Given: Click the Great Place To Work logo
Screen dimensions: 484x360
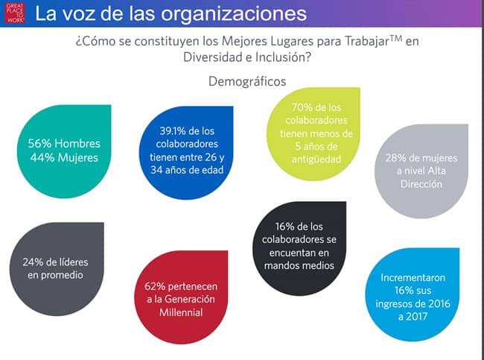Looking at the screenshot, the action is pos(14,13).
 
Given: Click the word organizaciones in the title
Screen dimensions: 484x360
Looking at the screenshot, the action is pos(233,14).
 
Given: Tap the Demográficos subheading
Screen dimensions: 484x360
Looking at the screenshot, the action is pos(247,81).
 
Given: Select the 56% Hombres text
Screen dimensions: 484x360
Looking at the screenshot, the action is pos(64,144).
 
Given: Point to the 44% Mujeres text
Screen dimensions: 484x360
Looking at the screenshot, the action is pos(64,158).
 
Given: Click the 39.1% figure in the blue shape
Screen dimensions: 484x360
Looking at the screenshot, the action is pos(171,131).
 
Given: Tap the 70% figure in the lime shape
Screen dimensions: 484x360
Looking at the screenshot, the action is pos(301,107).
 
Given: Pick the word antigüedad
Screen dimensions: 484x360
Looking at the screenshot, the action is pos(316,160).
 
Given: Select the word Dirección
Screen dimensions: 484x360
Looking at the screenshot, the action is pos(421,184).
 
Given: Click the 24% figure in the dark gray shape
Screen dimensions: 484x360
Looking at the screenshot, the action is pos(33,262).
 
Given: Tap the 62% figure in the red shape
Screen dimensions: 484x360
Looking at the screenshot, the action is pos(155,286).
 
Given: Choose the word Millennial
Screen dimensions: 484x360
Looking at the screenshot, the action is pos(181,312).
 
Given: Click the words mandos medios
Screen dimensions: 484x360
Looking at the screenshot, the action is pos(299,266).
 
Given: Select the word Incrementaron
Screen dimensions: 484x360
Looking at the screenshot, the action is pos(413,278).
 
